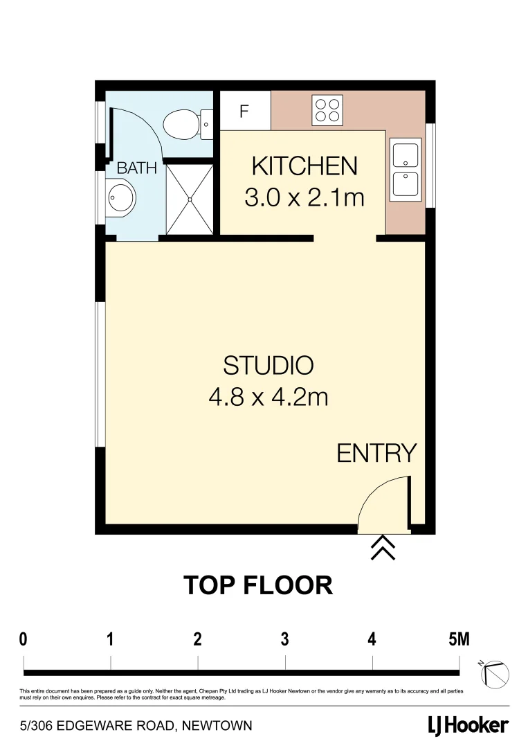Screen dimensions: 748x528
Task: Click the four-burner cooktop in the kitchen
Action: coord(327,110)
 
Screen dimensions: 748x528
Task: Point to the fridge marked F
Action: coord(244,111)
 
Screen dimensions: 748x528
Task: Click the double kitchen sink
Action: coord(405,170)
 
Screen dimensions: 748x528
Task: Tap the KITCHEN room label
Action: coord(304,166)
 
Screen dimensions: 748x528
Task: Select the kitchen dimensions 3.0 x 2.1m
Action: coord(304,198)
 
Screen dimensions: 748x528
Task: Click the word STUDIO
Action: coord(268,365)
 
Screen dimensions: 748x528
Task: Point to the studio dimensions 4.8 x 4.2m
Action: coord(268,398)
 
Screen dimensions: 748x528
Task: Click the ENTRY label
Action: coord(376,453)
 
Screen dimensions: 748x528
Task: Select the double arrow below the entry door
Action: coord(383,548)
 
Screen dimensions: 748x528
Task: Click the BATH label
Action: coord(136,168)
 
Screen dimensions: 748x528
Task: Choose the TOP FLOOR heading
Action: coord(258,585)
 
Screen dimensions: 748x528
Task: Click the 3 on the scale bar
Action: coord(284,639)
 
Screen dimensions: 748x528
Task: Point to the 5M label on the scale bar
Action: coord(458,639)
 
